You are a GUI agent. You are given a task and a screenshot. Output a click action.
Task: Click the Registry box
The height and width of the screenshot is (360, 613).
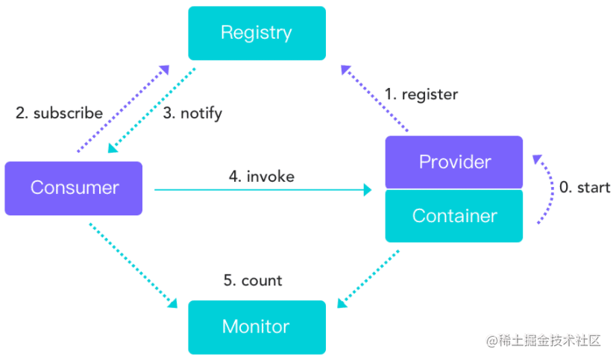point(257,33)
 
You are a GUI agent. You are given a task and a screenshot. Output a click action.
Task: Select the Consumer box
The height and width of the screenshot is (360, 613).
point(73,188)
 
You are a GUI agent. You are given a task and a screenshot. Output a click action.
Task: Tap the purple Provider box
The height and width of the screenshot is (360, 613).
point(453,162)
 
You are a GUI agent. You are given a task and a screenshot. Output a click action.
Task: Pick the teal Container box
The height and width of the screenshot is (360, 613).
point(453,216)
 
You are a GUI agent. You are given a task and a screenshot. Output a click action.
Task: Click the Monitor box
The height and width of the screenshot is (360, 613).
point(257,326)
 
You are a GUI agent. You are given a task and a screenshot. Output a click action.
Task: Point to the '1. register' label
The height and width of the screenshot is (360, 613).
point(421,95)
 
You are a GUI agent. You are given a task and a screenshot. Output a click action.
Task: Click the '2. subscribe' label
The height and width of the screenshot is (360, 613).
point(59,113)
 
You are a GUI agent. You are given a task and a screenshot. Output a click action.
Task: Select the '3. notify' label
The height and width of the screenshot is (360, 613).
point(192,113)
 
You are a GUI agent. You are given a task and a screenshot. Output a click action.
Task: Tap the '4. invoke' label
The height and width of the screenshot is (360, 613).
point(261,177)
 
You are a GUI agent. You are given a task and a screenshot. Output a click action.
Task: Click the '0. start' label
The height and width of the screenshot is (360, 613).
point(585,188)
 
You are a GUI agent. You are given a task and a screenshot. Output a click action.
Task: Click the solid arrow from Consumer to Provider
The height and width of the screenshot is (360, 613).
point(261,190)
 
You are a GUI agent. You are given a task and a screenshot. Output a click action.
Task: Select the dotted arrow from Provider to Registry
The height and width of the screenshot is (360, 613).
point(374,99)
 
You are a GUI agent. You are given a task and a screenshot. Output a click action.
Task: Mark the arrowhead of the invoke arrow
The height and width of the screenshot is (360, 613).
point(367,190)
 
